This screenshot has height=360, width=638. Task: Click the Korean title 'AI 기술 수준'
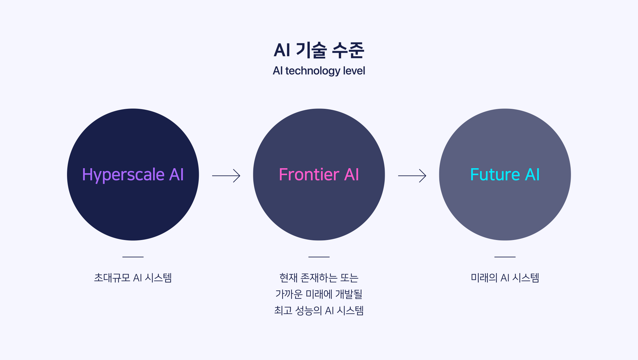coord(319,50)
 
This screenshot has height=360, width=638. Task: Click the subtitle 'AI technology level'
coord(319,71)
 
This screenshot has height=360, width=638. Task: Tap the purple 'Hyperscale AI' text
coord(133,175)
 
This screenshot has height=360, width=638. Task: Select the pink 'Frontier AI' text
coord(319,175)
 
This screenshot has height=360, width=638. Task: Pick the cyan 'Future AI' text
coord(505,175)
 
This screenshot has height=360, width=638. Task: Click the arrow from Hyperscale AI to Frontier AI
coord(226,176)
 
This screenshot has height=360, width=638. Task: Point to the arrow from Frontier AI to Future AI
coord(412,176)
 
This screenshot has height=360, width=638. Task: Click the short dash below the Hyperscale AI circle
coord(133,257)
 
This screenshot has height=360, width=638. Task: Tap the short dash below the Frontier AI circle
coord(319,257)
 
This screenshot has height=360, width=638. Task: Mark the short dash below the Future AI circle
coord(505,257)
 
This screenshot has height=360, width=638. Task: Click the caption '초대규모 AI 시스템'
coord(133,278)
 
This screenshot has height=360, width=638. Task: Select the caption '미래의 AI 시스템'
coord(505,278)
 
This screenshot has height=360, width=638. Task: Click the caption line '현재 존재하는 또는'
coord(319,278)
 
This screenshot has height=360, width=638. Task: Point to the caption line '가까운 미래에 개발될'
coord(319,294)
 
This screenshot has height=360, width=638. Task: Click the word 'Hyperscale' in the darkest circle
coord(123,175)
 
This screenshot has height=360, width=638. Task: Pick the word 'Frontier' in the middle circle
coord(309,175)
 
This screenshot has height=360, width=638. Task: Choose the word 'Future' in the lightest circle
coord(495,175)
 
